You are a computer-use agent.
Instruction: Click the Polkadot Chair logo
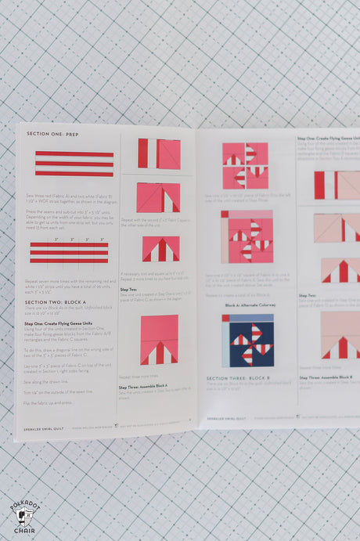point(24,517)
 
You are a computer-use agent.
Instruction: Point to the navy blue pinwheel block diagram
point(247,341)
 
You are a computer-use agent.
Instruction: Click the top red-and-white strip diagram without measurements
point(74,164)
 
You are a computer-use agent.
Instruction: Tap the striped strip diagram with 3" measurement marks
point(70,252)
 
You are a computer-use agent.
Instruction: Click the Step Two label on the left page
point(129,289)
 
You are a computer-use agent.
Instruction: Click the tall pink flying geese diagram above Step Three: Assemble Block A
point(159,339)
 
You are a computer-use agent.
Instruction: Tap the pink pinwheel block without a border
point(245,165)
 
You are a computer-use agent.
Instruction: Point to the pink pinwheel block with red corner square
point(247,236)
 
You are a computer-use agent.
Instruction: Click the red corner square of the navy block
point(225,319)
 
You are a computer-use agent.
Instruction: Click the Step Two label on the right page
point(308,295)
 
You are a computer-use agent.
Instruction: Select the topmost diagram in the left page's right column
point(159,153)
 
